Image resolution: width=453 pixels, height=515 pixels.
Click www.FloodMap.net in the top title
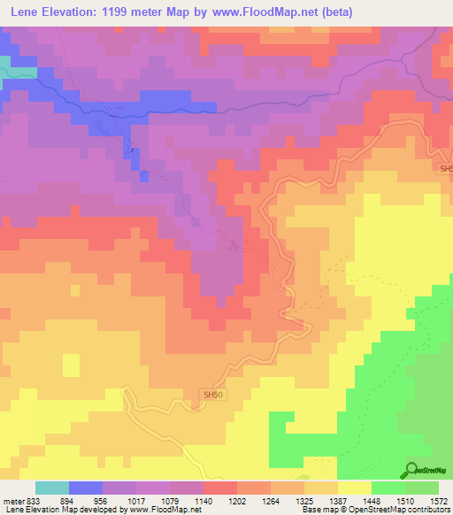280,12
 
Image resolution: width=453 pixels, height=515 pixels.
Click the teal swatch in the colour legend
52,488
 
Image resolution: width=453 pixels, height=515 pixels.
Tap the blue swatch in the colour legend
86,488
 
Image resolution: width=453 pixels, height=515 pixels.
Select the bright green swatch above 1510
388,488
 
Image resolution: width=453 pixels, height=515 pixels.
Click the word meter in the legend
12,500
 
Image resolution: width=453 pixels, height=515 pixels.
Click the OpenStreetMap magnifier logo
411,470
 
